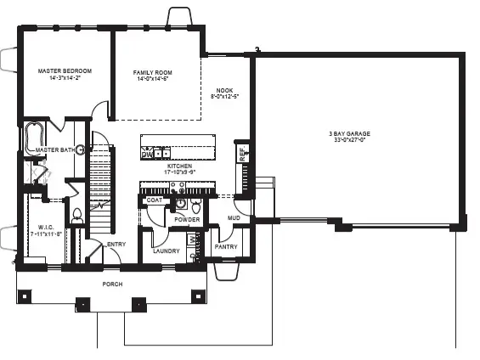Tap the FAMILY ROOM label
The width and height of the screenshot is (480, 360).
[154, 72]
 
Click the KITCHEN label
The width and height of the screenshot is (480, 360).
[181, 166]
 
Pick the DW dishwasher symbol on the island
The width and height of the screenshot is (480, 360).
[146, 155]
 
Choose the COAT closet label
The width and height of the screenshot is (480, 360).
[154, 200]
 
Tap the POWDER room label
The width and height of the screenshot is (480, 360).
[187, 220]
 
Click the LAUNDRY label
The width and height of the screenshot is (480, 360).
[166, 251]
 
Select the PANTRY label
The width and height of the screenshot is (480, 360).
[226, 246]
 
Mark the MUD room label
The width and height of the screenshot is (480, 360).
[233, 217]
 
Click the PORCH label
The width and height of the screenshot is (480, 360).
[111, 284]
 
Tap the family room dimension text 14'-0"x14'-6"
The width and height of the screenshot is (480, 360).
[154, 80]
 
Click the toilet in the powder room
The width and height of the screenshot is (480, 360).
[196, 206]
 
